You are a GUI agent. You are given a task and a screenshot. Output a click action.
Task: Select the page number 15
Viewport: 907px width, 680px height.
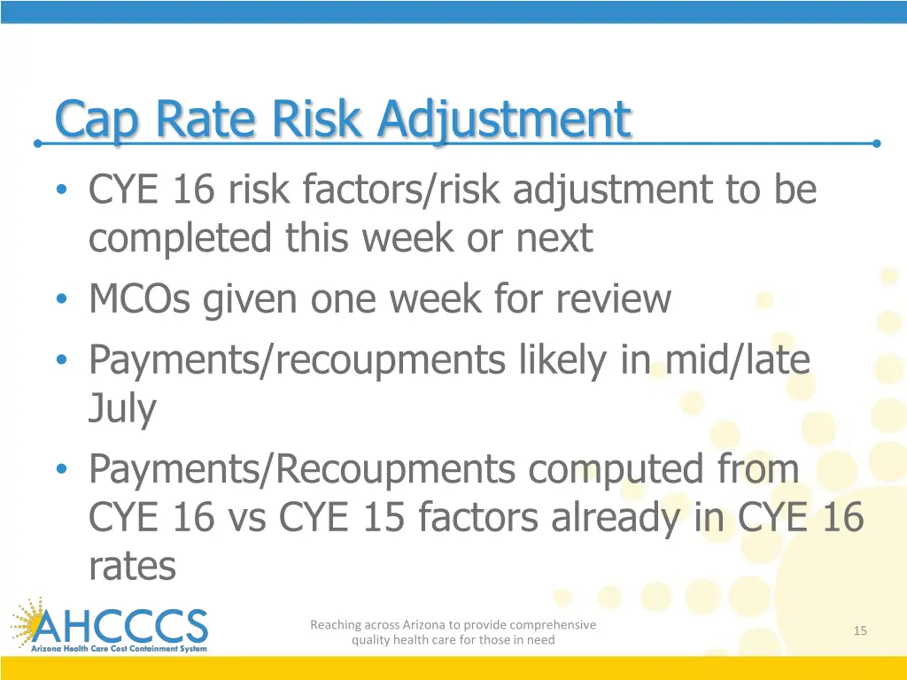[859, 630]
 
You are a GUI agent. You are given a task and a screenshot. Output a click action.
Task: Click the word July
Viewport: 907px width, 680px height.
[122, 409]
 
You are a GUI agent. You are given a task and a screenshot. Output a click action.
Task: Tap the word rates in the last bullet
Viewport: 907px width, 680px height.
[132, 565]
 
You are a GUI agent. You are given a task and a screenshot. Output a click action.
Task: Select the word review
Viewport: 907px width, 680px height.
[614, 299]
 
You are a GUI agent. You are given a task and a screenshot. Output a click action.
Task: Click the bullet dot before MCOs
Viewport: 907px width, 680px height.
[60, 300]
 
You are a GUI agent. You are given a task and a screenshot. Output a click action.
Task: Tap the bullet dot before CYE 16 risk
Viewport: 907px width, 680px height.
[60, 190]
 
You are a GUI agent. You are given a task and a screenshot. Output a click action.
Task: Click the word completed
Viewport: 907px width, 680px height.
[181, 238]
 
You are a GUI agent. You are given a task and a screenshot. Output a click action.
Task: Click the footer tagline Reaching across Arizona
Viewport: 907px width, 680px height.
[453, 632]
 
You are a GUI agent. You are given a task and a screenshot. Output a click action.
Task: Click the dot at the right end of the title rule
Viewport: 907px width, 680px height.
[876, 143]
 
